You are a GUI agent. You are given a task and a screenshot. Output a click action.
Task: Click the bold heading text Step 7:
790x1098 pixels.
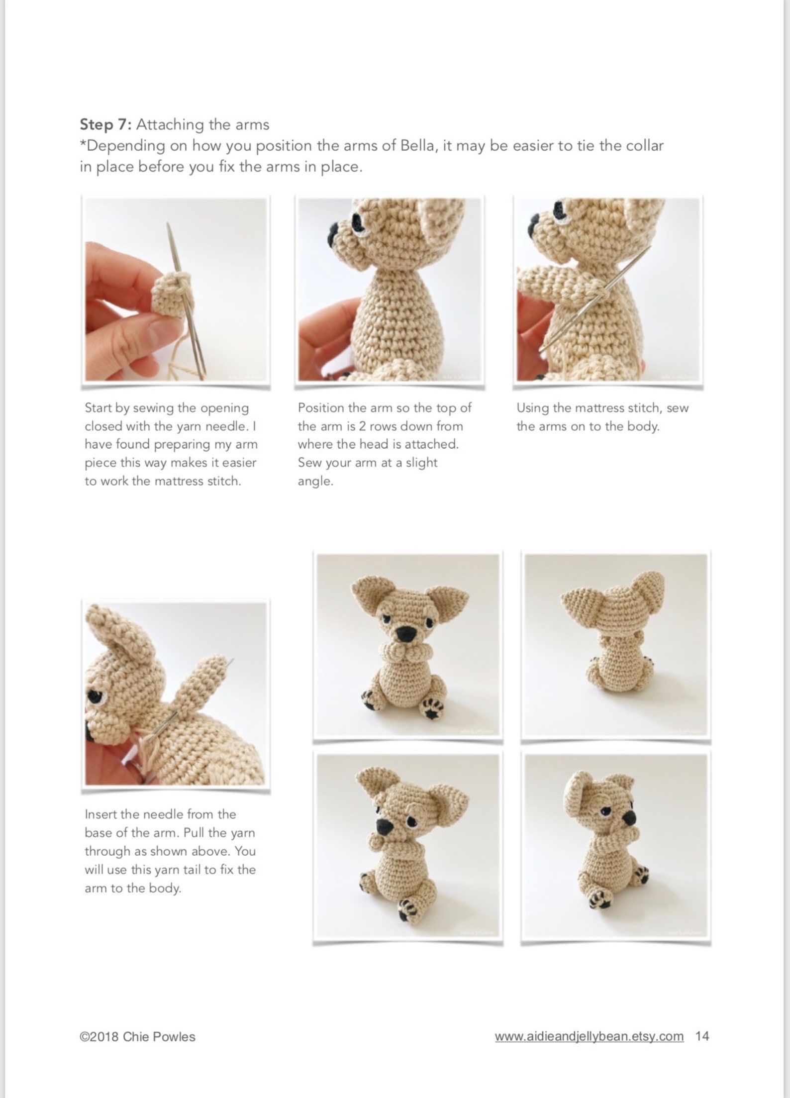pos(105,124)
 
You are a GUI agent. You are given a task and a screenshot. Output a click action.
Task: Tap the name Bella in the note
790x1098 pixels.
pos(416,146)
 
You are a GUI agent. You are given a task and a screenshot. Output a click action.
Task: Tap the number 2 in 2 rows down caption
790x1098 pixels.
pos(362,426)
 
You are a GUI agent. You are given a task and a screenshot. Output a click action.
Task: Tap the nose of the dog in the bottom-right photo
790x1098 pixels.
pos(629,818)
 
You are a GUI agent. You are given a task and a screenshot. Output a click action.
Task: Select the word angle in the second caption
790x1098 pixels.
pos(315,482)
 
